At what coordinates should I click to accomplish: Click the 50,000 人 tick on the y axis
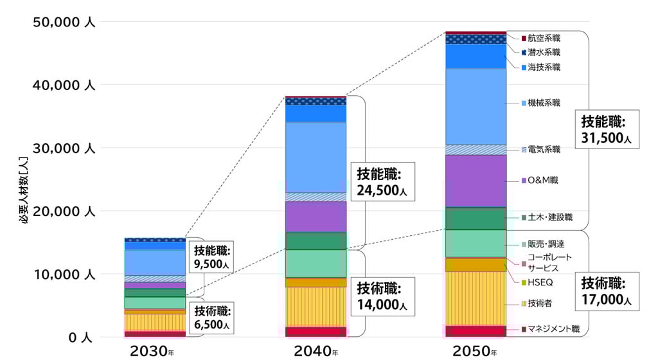(x=63, y=22)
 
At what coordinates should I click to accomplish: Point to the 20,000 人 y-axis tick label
(x=63, y=212)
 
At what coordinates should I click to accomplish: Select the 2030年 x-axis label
(x=152, y=351)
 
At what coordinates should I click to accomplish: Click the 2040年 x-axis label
(x=316, y=351)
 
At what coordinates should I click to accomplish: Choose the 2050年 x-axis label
(x=475, y=351)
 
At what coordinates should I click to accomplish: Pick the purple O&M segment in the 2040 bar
(x=316, y=217)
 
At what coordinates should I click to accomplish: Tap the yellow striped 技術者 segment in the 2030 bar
(x=154, y=322)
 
